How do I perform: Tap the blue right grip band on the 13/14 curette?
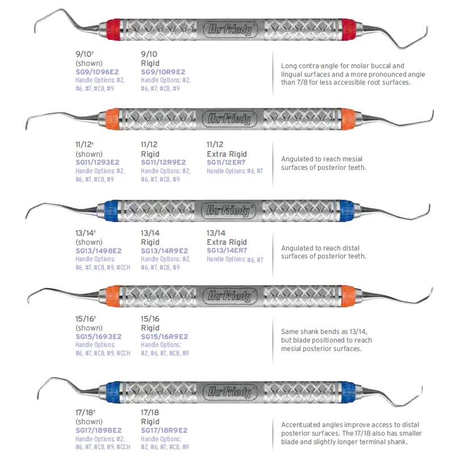point(345,211)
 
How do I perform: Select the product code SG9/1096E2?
point(98,72)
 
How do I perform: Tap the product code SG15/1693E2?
point(98,337)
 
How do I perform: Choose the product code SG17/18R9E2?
point(164,430)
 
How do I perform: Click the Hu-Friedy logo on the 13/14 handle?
point(231,211)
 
